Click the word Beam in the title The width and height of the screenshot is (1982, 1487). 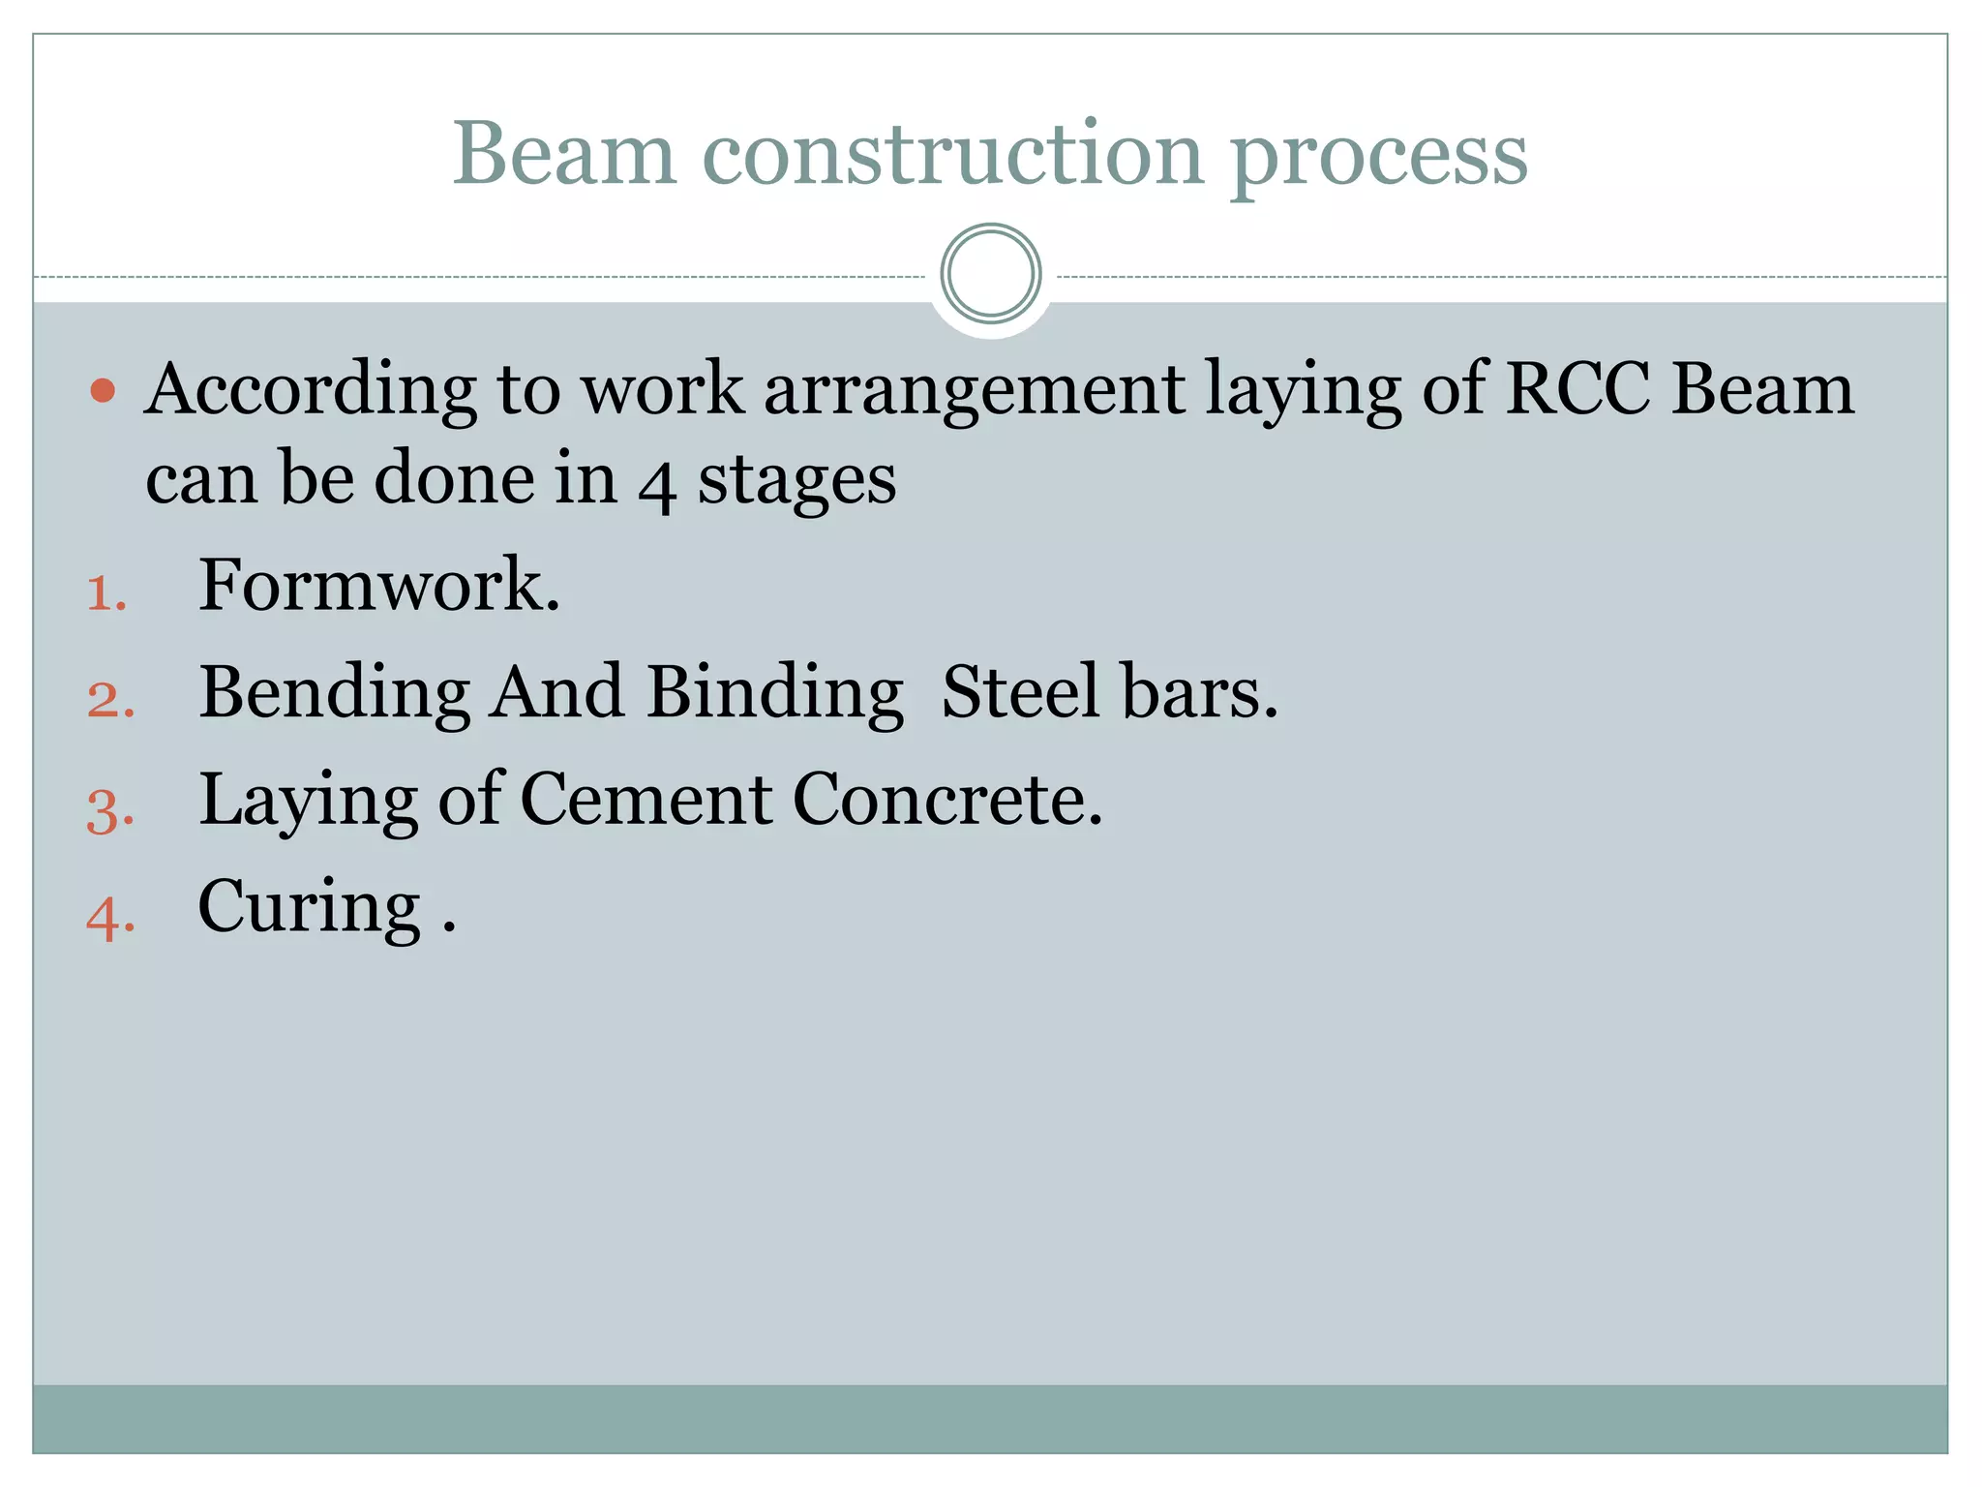tap(564, 155)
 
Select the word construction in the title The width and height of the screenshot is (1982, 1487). tap(952, 155)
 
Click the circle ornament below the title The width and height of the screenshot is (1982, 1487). tap(990, 274)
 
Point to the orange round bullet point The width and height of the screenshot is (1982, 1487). tap(103, 391)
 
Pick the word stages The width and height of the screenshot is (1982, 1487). tap(797, 482)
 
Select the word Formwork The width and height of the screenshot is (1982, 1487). tap(378, 586)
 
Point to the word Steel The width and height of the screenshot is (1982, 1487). tap(1020, 692)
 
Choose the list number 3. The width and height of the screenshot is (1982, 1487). tap(109, 809)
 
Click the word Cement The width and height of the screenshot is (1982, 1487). tap(646, 801)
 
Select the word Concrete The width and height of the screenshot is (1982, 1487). tap(947, 801)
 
